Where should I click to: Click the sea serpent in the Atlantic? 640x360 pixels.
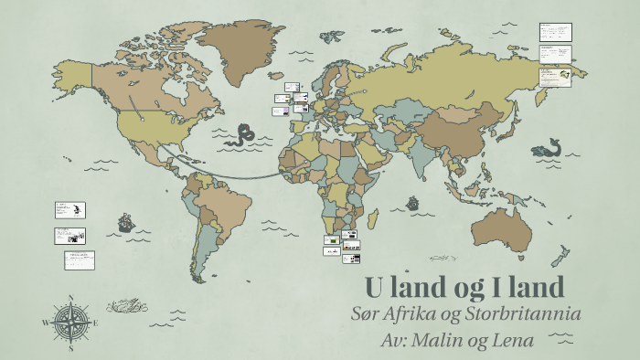click(x=242, y=135)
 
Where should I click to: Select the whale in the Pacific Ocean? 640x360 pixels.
click(x=549, y=147)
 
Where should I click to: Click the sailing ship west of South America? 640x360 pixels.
click(x=125, y=221)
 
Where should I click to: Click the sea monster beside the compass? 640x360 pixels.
click(x=128, y=303)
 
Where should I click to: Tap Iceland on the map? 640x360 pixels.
click(x=281, y=69)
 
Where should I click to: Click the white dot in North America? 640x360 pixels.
click(x=142, y=117)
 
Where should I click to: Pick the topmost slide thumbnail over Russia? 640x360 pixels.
click(x=555, y=31)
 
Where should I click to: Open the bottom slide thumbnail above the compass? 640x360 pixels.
click(x=79, y=259)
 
